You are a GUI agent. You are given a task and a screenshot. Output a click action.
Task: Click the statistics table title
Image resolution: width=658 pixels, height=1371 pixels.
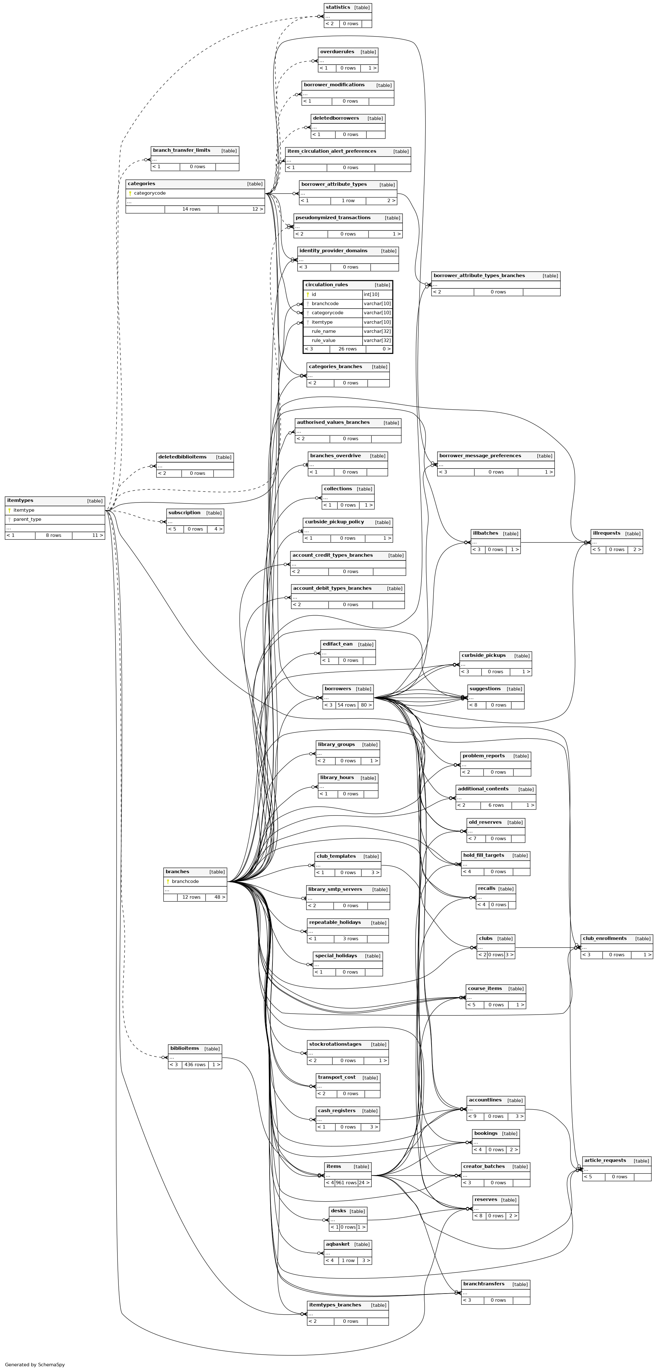point(338,8)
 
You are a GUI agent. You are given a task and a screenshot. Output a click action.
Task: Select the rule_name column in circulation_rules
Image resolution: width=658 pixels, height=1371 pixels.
point(324,331)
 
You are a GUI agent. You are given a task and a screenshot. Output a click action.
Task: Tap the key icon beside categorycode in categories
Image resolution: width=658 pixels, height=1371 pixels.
point(130,193)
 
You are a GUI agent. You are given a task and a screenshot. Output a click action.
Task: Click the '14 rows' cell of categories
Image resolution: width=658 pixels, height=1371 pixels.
point(191,209)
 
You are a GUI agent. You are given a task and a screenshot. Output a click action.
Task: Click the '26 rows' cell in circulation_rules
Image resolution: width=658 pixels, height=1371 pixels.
point(348,349)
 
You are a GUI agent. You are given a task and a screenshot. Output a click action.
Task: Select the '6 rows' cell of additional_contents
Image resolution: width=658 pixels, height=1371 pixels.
point(496,805)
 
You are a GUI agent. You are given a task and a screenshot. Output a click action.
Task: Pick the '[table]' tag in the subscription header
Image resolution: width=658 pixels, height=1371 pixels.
point(214,513)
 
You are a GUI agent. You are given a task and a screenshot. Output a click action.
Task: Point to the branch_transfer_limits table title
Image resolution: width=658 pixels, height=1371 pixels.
point(181,150)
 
